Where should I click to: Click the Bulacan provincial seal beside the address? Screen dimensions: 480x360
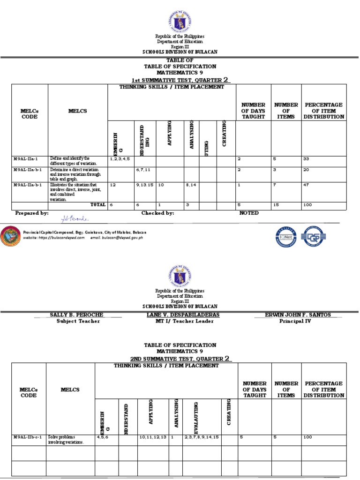point(11,236)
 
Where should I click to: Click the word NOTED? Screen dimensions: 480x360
point(249,213)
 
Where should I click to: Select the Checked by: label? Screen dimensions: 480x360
point(158,213)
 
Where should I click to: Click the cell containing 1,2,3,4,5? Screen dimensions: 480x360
point(119,159)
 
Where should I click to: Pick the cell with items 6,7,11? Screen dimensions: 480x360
point(143,170)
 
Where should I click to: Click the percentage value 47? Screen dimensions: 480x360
point(307,185)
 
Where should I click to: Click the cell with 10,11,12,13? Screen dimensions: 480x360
point(153,437)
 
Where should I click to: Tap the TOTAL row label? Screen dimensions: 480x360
point(97,205)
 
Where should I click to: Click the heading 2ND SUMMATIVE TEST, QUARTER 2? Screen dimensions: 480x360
point(180,359)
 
